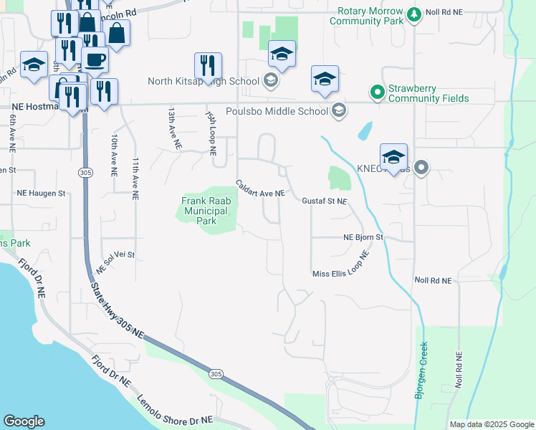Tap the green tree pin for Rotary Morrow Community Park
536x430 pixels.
point(413,14)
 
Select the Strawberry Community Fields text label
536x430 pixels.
point(429,93)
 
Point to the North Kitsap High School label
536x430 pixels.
point(204,81)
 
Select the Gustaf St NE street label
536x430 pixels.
point(324,202)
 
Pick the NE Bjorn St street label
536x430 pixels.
point(364,236)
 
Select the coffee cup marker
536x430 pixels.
point(95,59)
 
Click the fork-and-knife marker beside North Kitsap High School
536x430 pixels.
point(208,65)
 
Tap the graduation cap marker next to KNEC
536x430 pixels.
point(393,156)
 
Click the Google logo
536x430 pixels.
point(24,421)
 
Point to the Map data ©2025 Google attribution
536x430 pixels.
point(491,424)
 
